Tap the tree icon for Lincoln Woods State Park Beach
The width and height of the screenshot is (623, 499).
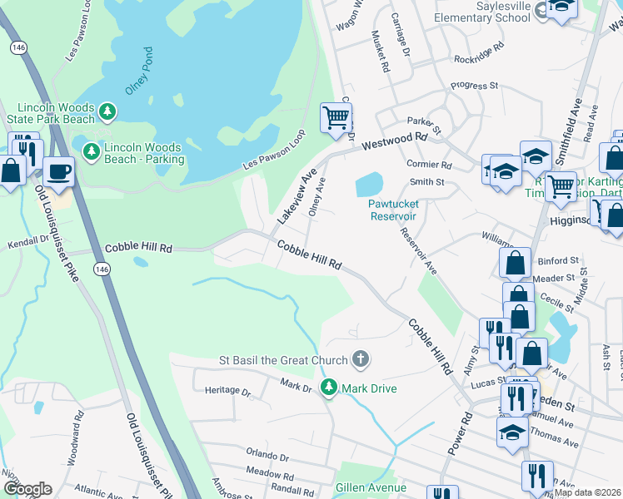(107, 111)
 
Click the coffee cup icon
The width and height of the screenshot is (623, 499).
(58, 171)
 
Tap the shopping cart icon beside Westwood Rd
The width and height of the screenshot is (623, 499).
(336, 117)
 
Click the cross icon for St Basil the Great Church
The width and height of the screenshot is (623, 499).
(360, 359)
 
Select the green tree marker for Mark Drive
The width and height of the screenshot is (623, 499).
(330, 388)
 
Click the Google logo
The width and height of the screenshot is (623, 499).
(27, 489)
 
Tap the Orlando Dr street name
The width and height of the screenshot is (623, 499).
(267, 457)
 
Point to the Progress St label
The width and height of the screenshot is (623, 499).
(474, 85)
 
